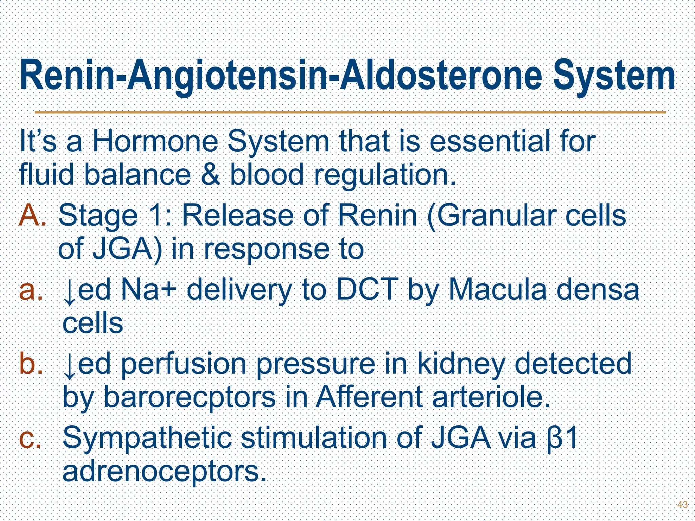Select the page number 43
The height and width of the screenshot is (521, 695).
coord(682,504)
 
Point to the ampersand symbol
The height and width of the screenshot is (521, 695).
coord(210,175)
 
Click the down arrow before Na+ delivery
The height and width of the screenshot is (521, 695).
coord(70,292)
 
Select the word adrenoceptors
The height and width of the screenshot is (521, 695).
coord(163,472)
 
